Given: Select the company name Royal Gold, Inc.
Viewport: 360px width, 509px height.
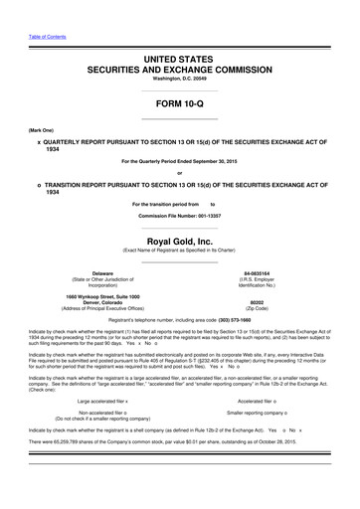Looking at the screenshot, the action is (179, 212).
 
